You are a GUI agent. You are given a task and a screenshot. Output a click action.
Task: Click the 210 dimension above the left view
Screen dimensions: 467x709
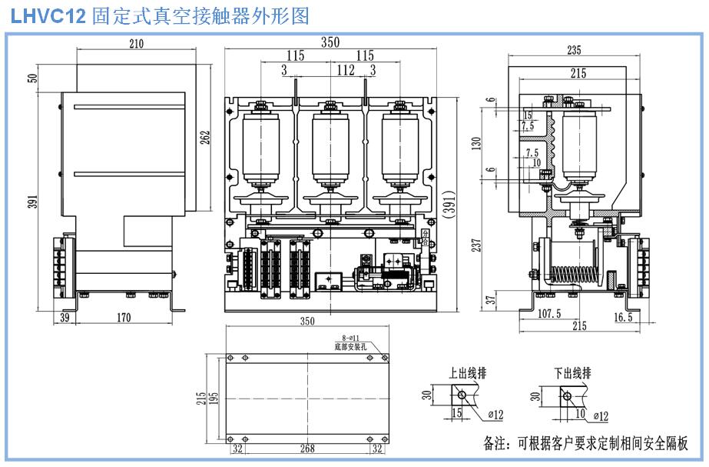coord(136,44)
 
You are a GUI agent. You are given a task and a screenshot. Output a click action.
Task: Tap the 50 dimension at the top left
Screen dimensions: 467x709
coord(32,78)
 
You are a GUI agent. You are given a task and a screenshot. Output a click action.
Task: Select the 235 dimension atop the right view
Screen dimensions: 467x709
coord(573,51)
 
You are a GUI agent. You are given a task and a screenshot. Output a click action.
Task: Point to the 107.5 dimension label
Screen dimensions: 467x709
coord(548,314)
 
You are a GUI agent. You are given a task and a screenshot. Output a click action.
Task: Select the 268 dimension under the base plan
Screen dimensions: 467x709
coord(307,447)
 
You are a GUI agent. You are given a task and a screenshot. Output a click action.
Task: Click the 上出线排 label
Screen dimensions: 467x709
coord(468,373)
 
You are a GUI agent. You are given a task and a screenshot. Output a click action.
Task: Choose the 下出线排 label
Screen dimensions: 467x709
coord(572,373)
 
